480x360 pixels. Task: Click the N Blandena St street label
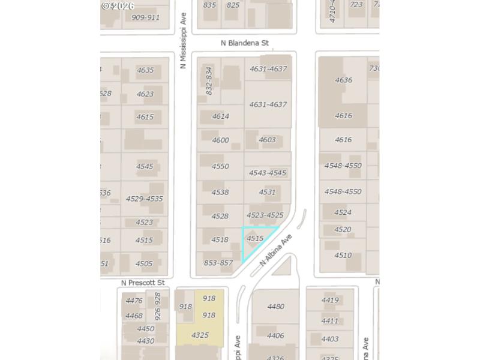244,43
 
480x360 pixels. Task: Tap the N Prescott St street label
143,283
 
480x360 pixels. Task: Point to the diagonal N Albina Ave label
275,251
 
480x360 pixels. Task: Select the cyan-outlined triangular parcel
254,240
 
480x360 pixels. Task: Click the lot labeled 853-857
218,263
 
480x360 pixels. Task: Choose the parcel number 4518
220,239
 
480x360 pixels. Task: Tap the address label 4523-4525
265,215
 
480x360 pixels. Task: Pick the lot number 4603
267,140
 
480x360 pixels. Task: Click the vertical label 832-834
209,80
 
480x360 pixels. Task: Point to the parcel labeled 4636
343,80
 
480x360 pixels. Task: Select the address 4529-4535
144,199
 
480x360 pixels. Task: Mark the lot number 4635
145,70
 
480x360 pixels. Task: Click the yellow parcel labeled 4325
200,335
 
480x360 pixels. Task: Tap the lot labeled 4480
275,307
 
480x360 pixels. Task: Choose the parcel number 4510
343,255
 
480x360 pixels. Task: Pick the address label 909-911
145,17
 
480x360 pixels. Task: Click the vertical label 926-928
158,306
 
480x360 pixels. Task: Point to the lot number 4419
330,300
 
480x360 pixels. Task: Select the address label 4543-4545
268,173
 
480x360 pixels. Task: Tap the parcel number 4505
144,263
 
